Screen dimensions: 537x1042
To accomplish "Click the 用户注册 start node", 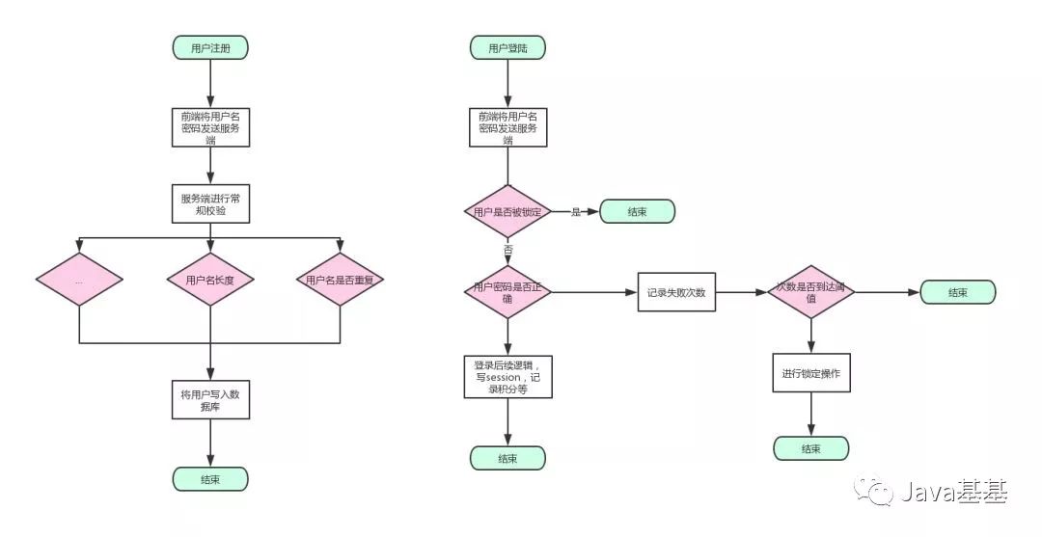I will [210, 47].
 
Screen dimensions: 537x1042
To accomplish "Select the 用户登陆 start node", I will [507, 47].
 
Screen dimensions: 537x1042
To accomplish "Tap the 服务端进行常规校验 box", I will [210, 204].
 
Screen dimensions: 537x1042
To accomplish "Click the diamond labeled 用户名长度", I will [210, 281].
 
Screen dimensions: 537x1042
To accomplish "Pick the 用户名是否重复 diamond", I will [341, 281].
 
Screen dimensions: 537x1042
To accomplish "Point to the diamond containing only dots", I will [79, 281].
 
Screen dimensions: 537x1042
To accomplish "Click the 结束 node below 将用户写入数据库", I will [210, 479].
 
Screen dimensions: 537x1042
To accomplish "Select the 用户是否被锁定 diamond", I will [507, 212].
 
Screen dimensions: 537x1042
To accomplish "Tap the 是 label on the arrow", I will [576, 212].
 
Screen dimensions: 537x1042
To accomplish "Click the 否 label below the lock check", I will [507, 249].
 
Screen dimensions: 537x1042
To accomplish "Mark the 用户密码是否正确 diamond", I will [507, 292].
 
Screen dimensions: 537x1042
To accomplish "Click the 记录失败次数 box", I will [676, 292].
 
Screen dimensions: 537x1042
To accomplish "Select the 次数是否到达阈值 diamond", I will [810, 292].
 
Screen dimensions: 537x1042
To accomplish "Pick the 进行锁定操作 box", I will [810, 372].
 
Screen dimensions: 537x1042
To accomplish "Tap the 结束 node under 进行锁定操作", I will [810, 448].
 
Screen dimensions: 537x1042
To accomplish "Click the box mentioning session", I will [507, 377].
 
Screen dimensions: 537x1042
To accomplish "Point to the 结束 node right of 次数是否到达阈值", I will [957, 292].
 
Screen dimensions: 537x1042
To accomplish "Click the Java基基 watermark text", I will [953, 494].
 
